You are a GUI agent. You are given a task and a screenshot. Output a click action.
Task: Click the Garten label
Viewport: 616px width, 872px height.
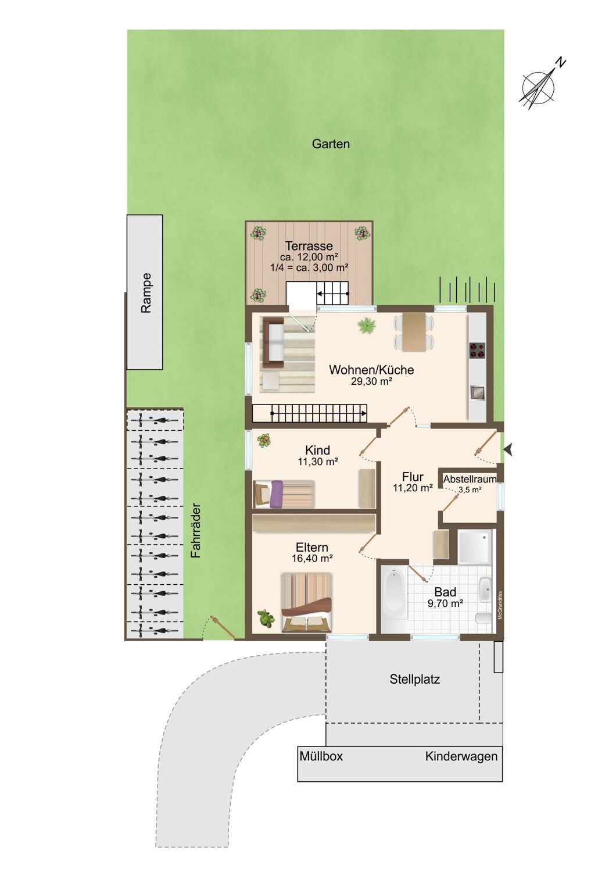[331, 144]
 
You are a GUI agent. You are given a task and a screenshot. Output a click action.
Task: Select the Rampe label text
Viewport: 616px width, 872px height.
[146, 293]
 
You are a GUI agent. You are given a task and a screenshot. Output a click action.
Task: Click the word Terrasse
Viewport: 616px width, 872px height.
[309, 246]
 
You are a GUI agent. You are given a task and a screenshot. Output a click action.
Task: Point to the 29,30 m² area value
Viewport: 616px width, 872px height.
[371, 381]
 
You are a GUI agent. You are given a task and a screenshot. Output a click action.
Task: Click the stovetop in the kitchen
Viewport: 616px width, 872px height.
[477, 351]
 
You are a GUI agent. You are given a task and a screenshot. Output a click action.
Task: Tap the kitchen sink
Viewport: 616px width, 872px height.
[477, 393]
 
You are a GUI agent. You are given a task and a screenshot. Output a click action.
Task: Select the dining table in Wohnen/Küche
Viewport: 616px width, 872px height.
[414, 332]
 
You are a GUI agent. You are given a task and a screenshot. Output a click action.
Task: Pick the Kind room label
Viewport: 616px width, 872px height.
[317, 450]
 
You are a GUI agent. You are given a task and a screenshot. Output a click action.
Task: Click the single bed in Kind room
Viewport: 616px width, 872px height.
[284, 494]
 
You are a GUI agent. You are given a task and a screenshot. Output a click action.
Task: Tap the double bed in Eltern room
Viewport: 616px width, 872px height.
[307, 602]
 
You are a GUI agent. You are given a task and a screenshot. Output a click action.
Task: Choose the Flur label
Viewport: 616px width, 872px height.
[413, 477]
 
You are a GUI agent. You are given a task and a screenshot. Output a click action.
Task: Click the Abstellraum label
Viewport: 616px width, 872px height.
[470, 479]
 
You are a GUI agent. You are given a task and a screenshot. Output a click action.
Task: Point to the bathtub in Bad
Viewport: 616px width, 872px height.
[395, 594]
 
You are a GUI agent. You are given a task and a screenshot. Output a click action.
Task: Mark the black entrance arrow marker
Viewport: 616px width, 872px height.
[508, 450]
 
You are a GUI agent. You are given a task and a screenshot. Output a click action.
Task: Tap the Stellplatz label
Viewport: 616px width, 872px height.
[415, 680]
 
